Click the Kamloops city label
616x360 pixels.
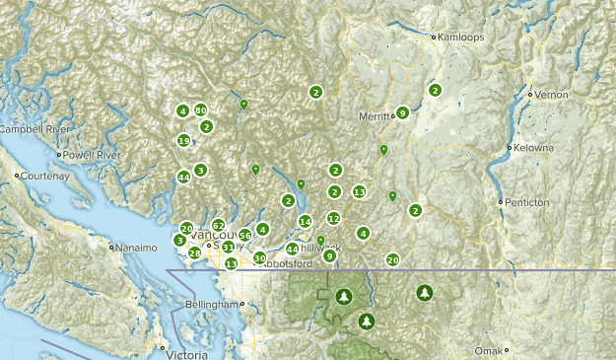[459, 36]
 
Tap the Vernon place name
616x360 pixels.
[553, 94]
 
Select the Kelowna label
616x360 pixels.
[532, 148]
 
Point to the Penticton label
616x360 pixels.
[528, 202]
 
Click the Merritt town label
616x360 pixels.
[375, 116]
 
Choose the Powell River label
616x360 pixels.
[94, 155]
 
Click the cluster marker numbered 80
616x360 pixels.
[200, 110]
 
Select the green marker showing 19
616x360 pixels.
[183, 141]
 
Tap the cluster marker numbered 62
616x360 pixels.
[218, 225]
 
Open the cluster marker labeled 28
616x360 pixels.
[195, 253]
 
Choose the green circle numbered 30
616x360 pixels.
[259, 257]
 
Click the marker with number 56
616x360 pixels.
[244, 236]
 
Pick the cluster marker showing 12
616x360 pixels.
[334, 218]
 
